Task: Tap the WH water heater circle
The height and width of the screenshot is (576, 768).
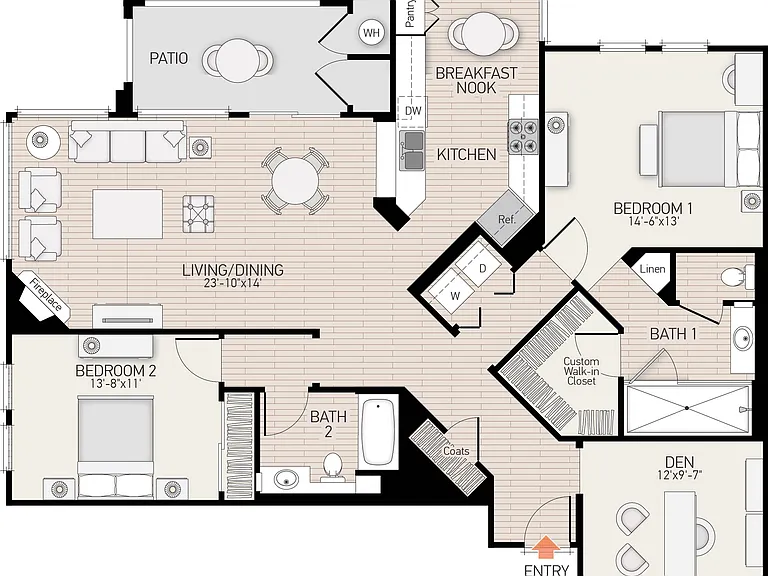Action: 371,33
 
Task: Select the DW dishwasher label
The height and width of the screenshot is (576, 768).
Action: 413,111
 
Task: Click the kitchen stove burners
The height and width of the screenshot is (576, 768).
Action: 523,137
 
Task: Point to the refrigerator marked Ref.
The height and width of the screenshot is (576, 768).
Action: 506,219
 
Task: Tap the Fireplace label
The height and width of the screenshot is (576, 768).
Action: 46,294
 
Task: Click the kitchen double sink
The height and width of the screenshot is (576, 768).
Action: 412,150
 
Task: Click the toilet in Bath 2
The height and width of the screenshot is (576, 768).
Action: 333,465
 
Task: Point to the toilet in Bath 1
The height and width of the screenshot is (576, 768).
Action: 737,277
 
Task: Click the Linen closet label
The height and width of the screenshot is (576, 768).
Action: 652,269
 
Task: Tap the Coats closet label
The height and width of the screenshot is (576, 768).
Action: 456,451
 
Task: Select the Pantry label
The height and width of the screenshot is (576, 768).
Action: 410,13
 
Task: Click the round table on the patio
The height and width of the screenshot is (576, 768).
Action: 238,60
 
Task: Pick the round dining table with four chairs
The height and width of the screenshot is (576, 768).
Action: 295,181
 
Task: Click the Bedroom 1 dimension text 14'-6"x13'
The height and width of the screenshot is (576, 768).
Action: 653,221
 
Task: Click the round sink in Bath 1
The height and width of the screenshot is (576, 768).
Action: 743,338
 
